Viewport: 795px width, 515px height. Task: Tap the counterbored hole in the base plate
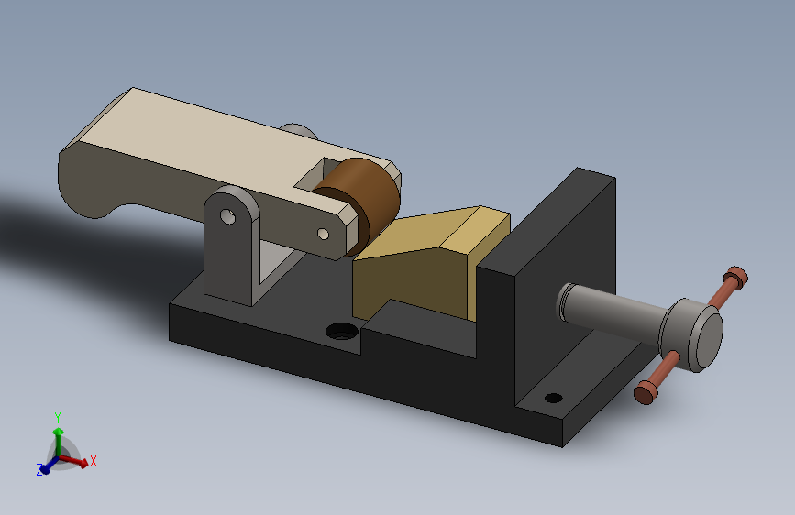point(342,332)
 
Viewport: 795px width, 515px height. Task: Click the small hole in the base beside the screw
point(553,398)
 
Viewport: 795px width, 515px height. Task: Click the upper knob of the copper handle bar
point(735,277)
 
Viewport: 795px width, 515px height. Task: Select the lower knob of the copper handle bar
point(645,393)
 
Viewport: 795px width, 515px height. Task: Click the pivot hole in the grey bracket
point(227,217)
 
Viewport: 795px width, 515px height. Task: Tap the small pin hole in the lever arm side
point(323,234)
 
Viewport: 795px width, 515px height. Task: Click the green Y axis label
point(58,418)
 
